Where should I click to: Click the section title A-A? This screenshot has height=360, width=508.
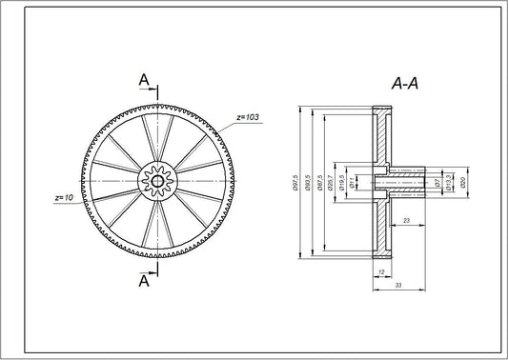click(405, 85)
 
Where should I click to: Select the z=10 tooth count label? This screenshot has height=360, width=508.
click(64, 198)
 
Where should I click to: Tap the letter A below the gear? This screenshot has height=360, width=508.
click(144, 282)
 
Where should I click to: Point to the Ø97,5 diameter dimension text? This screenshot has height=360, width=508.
click(298, 182)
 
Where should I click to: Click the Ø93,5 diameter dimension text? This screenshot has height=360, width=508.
click(310, 182)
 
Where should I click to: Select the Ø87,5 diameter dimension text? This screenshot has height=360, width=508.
click(321, 182)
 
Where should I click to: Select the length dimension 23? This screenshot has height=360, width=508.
click(406, 220)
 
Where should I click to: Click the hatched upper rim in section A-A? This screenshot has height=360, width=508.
click(381, 133)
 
